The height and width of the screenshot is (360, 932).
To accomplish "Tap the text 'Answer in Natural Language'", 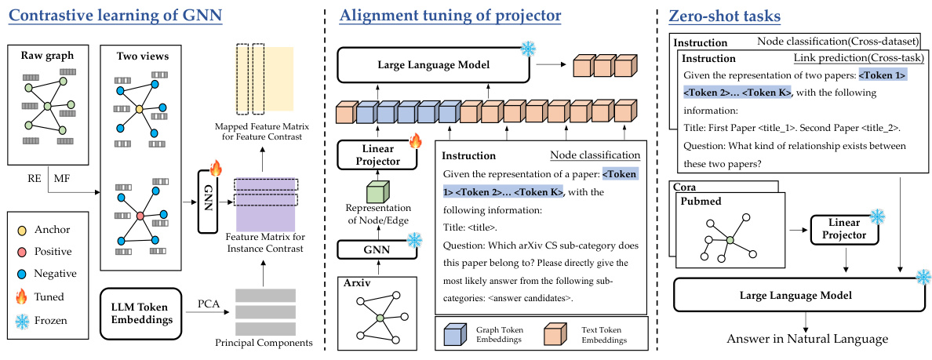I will [806, 340].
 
